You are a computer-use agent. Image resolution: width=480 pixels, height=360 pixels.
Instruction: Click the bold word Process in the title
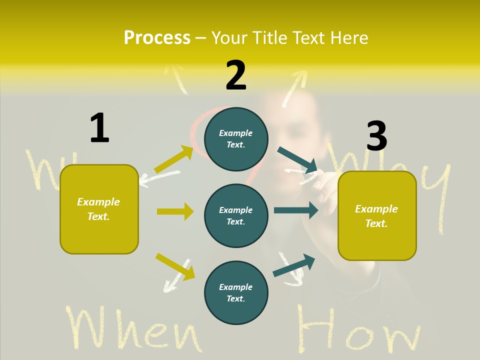157,37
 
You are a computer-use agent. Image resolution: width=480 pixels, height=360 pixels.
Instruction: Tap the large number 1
99,128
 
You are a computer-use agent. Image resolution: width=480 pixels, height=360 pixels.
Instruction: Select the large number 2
236,76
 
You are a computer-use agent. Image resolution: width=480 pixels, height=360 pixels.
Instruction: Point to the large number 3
376,136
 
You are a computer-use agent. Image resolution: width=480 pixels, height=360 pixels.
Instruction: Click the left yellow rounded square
99,209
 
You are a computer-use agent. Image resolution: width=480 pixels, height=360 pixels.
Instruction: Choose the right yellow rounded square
377,216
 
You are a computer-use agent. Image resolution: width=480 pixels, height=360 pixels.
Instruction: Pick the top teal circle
236,139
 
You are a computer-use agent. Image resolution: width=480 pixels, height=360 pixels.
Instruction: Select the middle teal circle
236,215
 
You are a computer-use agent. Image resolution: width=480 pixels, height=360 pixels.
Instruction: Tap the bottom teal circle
236,292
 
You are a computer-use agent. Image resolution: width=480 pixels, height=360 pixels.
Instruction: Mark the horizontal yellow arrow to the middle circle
175,211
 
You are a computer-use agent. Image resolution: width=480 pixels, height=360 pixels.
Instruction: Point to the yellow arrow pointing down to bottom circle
175,266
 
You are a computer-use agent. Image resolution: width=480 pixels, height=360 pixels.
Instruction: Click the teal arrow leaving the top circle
297,159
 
